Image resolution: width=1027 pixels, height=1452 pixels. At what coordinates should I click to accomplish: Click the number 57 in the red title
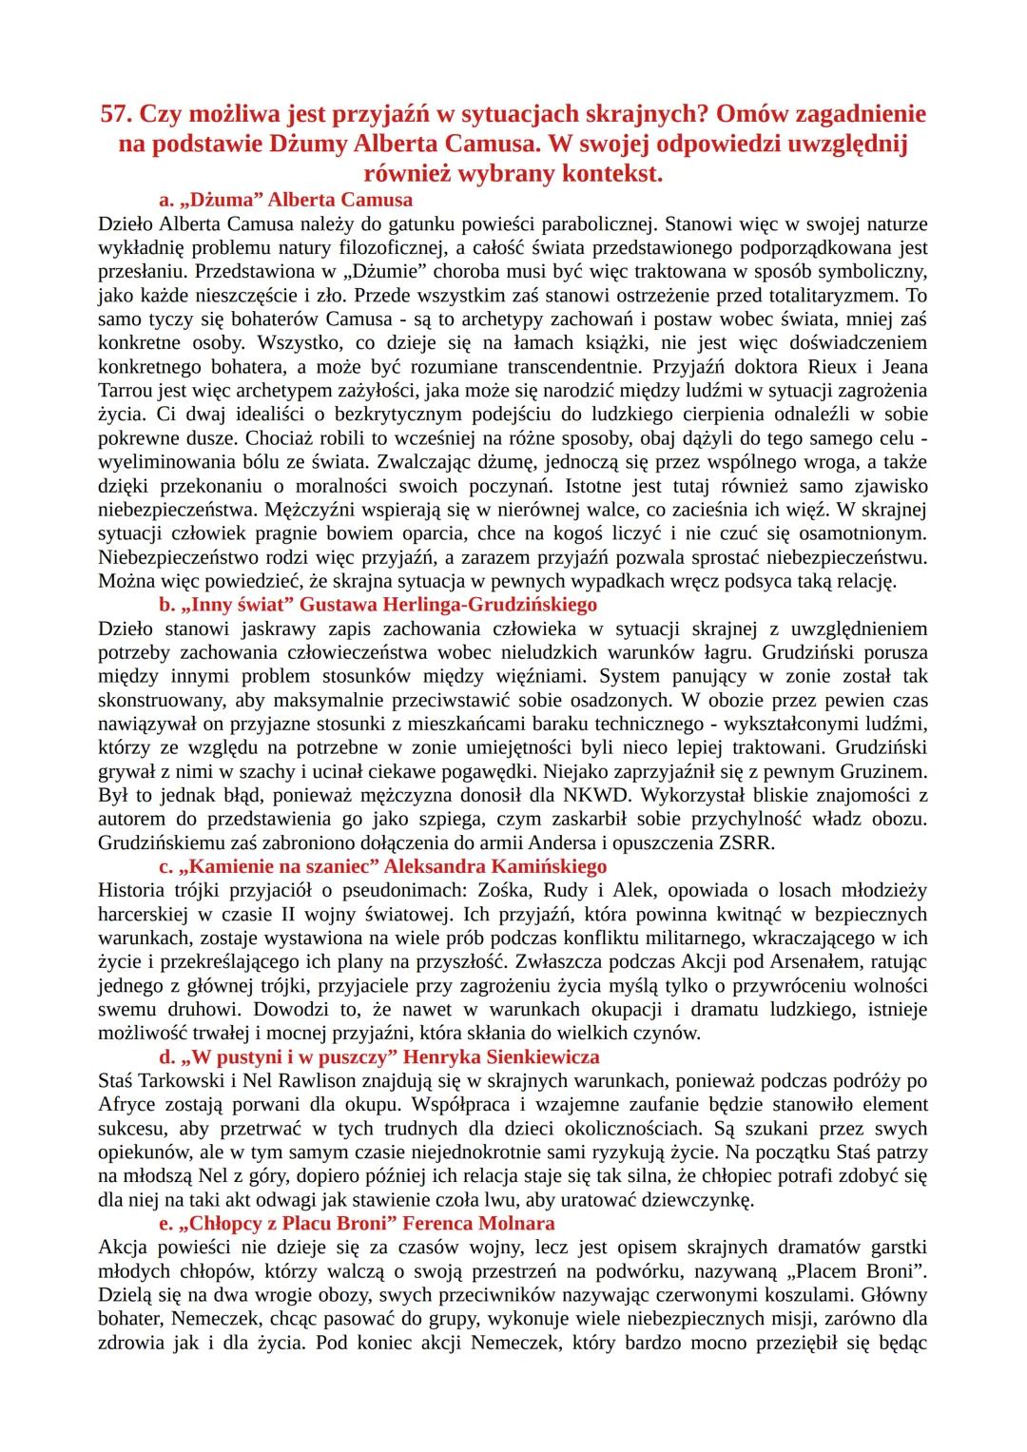point(116,114)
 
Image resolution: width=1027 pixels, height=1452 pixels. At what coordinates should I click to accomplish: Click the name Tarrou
point(129,391)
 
